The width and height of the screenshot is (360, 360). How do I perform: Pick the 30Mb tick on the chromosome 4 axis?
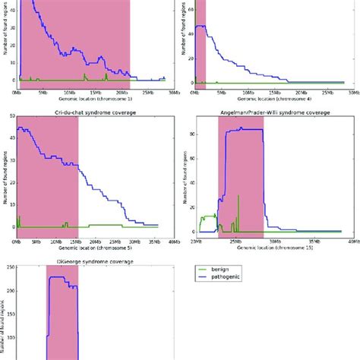[x=352, y=92]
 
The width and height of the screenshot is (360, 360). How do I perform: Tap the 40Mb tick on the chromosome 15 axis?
[x=352, y=242]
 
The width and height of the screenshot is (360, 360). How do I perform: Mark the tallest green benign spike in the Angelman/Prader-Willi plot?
[x=238, y=197]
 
